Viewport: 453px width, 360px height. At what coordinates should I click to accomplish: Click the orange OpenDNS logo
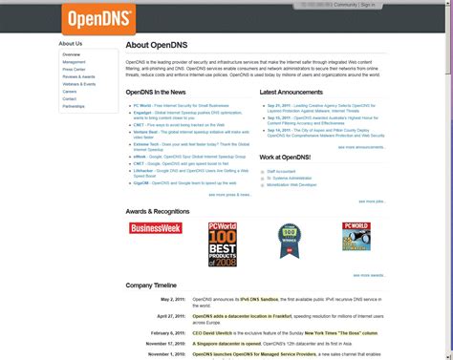coord(98,17)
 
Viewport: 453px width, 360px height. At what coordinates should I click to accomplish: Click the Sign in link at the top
coord(368,5)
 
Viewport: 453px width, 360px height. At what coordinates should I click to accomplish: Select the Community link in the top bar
coord(345,5)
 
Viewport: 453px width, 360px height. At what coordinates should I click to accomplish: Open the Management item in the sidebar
coord(74,62)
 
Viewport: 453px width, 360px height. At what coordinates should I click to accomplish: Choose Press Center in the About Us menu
coord(74,70)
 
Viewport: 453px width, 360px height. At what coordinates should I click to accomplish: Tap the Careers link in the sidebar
coord(70,92)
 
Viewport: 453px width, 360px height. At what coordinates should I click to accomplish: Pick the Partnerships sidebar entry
coord(74,106)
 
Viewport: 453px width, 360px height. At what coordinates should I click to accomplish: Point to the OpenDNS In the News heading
coord(160,93)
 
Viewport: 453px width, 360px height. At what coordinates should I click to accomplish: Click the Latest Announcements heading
coord(291,93)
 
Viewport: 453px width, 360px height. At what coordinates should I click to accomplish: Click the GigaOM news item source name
coord(140,181)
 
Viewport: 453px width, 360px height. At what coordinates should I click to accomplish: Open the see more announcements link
coord(359,147)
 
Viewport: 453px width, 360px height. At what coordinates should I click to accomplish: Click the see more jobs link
coord(371,201)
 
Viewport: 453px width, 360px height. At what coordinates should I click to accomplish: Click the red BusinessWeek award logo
coord(155,228)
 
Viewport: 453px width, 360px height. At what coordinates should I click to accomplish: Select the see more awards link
coord(368,275)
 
